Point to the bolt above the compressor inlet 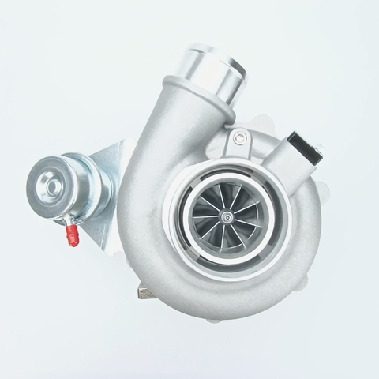click(237, 142)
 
